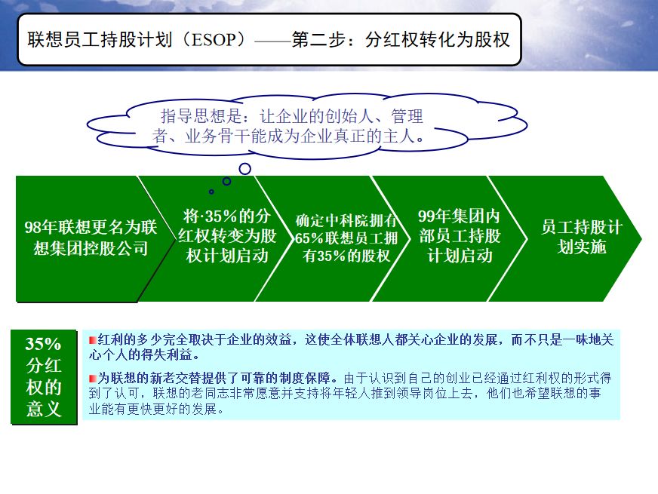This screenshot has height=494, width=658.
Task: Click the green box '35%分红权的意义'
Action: (x=44, y=377)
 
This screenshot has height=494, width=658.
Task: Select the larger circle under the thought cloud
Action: (x=244, y=169)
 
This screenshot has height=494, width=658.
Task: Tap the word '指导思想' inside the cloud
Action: (x=189, y=117)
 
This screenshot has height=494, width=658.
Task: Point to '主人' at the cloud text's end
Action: (x=407, y=137)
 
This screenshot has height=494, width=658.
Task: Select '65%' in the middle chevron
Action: (x=308, y=238)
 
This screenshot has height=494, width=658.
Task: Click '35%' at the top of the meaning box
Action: (x=43, y=344)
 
